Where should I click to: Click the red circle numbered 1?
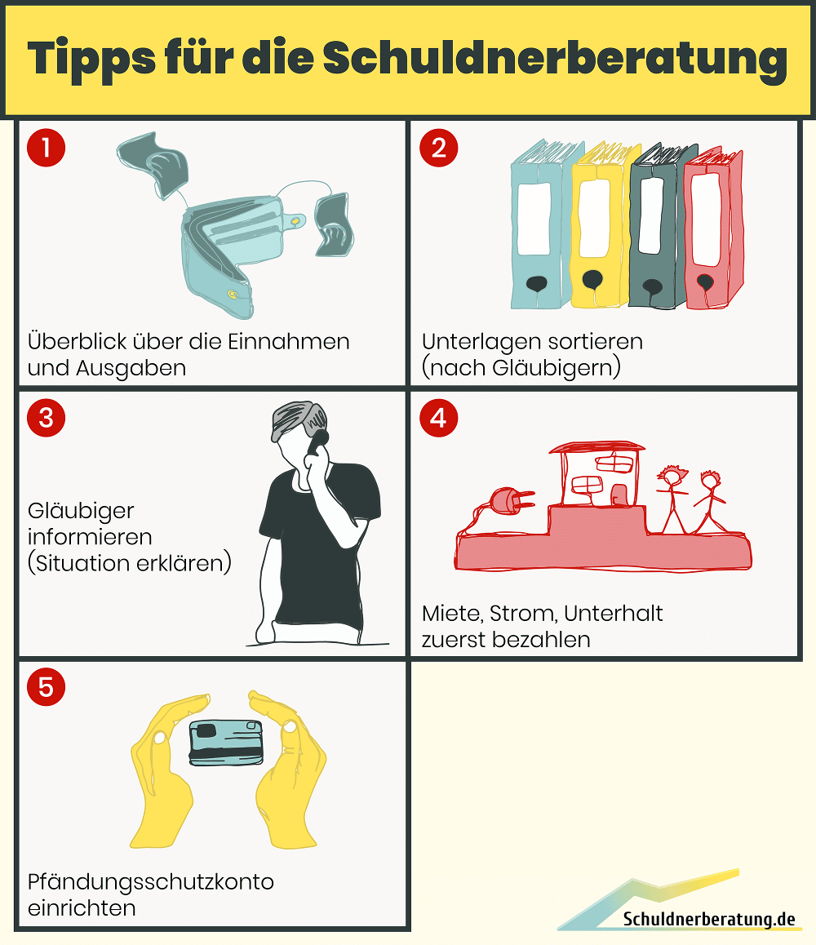[46, 148]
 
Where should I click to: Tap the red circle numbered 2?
[439, 148]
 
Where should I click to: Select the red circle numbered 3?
[46, 418]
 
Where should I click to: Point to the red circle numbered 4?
[439, 418]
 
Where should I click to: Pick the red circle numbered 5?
[46, 686]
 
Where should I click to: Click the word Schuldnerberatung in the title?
[555, 59]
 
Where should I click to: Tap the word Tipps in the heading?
[91, 59]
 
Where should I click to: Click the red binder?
[713, 228]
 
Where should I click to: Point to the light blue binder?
[544, 224]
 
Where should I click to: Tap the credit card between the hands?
[226, 743]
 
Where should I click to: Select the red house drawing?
[596, 474]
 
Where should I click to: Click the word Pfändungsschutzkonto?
[151, 882]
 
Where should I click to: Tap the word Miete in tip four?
[452, 614]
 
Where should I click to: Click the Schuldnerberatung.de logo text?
[709, 919]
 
